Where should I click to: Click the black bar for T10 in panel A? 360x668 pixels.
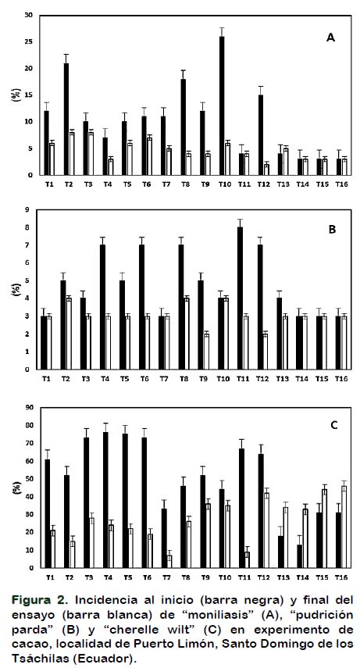pos(222,105)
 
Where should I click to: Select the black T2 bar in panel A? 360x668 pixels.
pos(66,120)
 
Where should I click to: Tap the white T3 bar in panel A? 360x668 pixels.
pos(91,154)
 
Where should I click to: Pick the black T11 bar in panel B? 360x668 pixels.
pos(240,298)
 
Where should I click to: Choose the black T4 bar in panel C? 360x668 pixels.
pos(105,500)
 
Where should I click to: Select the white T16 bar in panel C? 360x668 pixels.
pos(344,527)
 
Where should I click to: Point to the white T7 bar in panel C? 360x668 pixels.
pos(169,562)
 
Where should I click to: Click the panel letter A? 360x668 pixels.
pos(330,38)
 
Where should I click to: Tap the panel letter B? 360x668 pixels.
pos(333,229)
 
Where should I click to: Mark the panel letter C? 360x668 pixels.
pos(334,425)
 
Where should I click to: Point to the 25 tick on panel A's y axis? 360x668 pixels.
pos(30,42)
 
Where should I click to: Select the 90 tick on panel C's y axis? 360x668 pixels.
pos(30,408)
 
